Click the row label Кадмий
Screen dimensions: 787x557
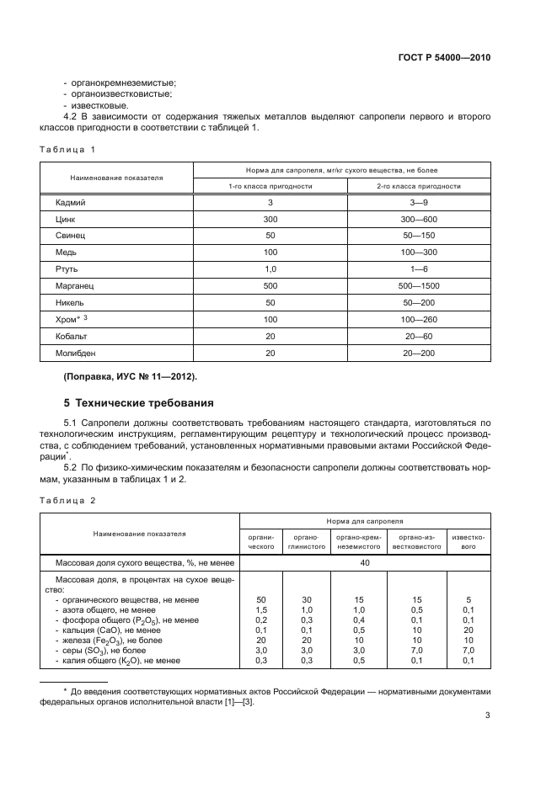[71, 203]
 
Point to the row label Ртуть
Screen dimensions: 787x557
[68, 269]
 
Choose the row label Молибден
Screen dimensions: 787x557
[76, 354]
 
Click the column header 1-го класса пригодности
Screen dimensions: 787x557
[270, 185]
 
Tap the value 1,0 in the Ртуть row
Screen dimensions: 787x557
[270, 269]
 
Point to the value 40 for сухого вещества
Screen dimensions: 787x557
[365, 562]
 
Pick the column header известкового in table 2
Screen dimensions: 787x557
[468, 541]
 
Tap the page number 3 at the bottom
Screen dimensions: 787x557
[488, 716]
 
